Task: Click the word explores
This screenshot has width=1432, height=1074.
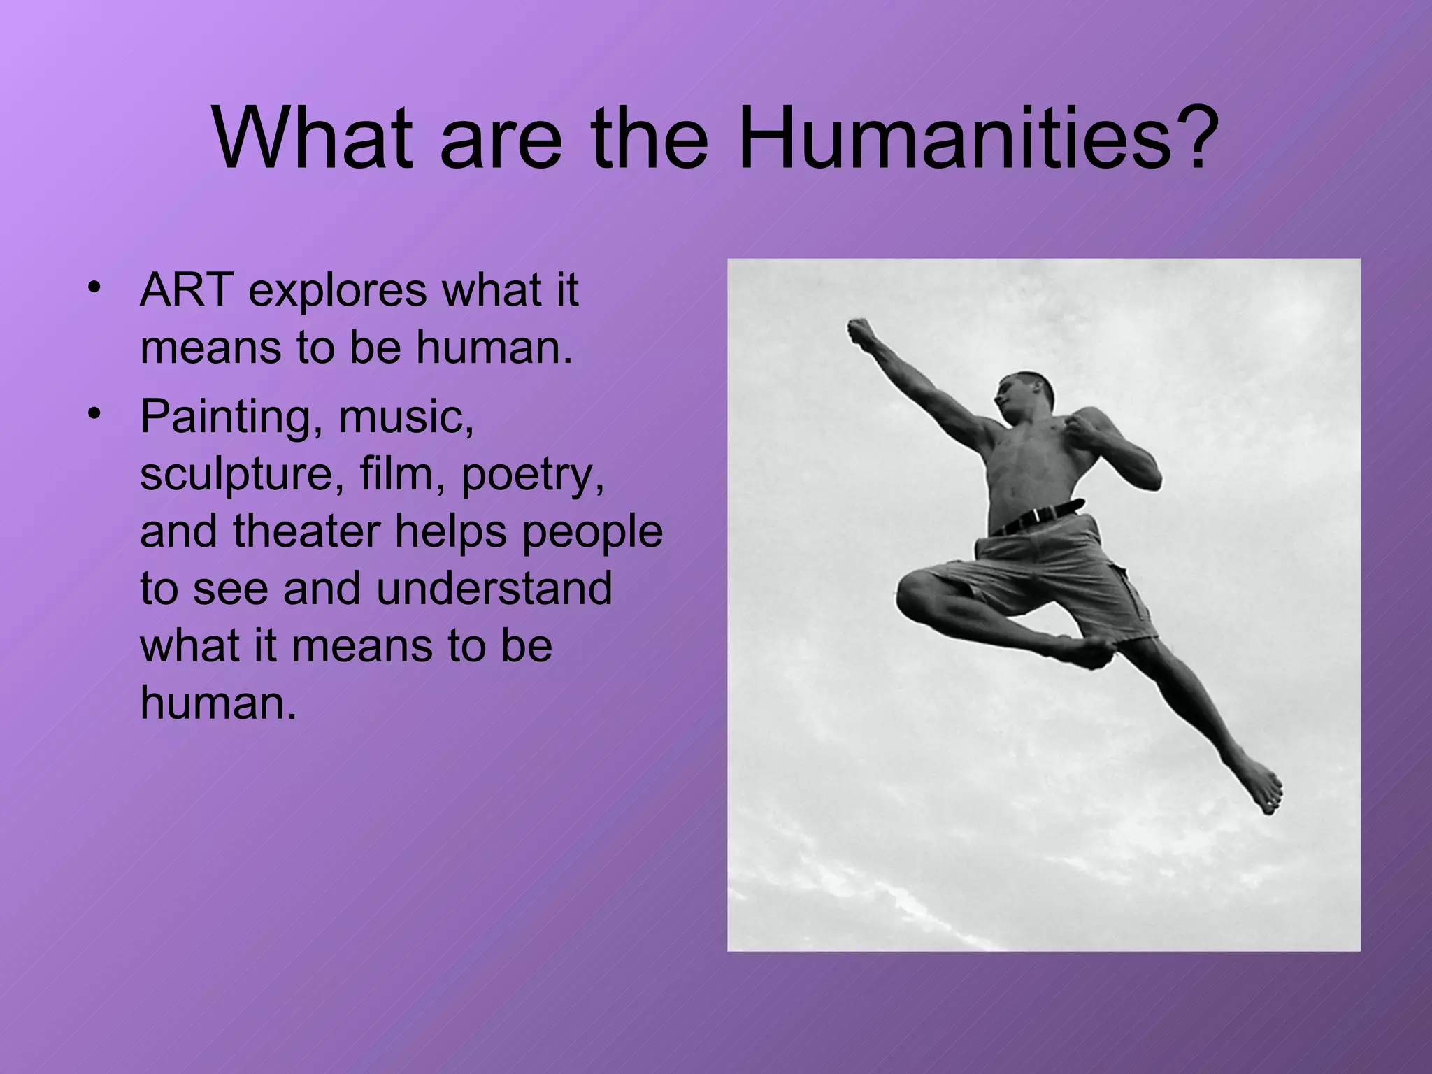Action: [x=337, y=292]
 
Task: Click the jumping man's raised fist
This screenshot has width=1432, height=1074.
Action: [x=861, y=331]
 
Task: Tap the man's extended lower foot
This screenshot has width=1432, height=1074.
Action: [x=1263, y=786]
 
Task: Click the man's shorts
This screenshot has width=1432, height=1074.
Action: [x=1063, y=573]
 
